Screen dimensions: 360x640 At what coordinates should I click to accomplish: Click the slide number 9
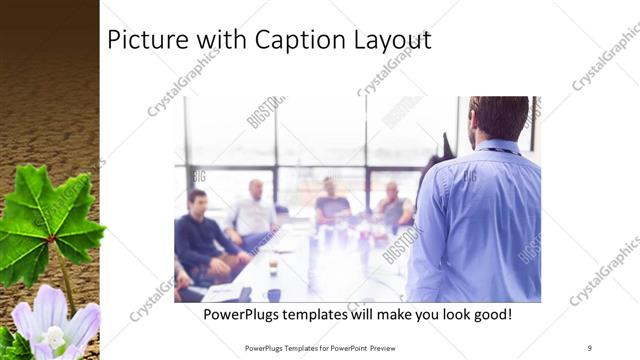(x=590, y=348)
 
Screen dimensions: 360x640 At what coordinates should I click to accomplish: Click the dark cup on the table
(x=273, y=294)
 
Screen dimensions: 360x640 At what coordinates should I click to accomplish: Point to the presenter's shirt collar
(x=498, y=146)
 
